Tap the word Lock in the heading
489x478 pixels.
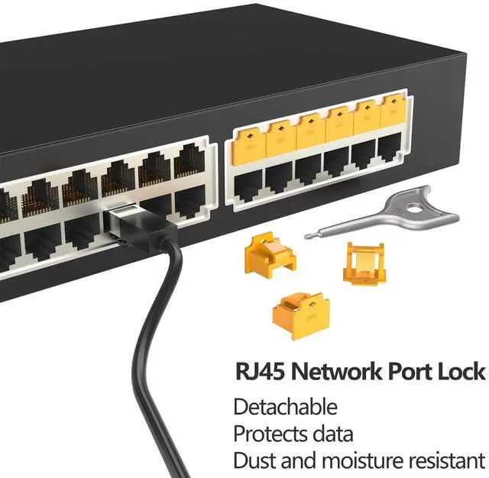pyautogui.click(x=461, y=373)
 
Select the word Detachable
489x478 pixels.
pyautogui.click(x=285, y=406)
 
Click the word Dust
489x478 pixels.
pyautogui.click(x=253, y=460)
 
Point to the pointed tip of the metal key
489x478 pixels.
pyautogui.click(x=307, y=236)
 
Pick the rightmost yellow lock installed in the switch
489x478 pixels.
pyautogui.click(x=393, y=113)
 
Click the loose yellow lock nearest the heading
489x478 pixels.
pyautogui.click(x=293, y=312)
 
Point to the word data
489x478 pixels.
pyautogui.click(x=332, y=434)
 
